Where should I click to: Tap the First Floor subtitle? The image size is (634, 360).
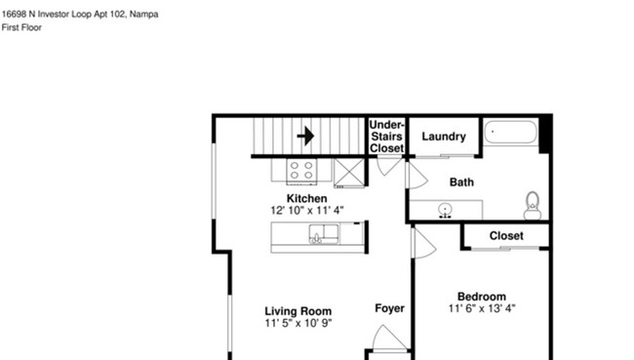[22, 28]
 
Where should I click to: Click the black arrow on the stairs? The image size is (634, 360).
[306, 136]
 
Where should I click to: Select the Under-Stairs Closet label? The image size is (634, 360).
[386, 136]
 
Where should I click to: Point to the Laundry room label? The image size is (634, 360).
[443, 137]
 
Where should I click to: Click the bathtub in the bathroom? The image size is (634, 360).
[510, 134]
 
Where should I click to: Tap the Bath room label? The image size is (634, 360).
[461, 182]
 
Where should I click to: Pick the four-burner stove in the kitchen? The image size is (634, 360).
[301, 172]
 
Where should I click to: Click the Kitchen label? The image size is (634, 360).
[306, 198]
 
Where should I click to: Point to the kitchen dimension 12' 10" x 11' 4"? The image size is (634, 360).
[306, 210]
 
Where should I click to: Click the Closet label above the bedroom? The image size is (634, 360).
[505, 236]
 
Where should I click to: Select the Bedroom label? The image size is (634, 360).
[482, 297]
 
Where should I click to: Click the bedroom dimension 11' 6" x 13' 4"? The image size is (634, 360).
[482, 308]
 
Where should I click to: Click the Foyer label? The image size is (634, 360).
[389, 308]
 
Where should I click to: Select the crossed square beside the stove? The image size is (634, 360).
[347, 172]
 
